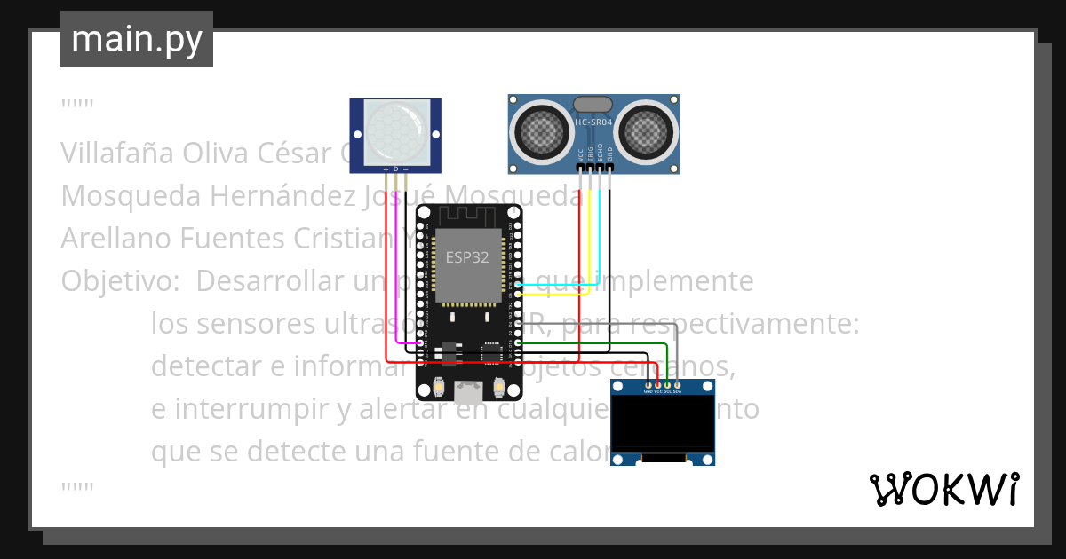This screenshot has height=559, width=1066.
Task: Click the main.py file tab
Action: pos(136,39)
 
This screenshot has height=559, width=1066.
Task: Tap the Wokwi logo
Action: pos(943,489)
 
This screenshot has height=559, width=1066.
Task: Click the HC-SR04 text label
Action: pos(593,122)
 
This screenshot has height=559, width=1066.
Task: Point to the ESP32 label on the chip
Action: pos(466,258)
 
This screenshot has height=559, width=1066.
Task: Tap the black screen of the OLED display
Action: pos(662,422)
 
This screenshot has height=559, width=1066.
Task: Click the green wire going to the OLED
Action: pos(622,342)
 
